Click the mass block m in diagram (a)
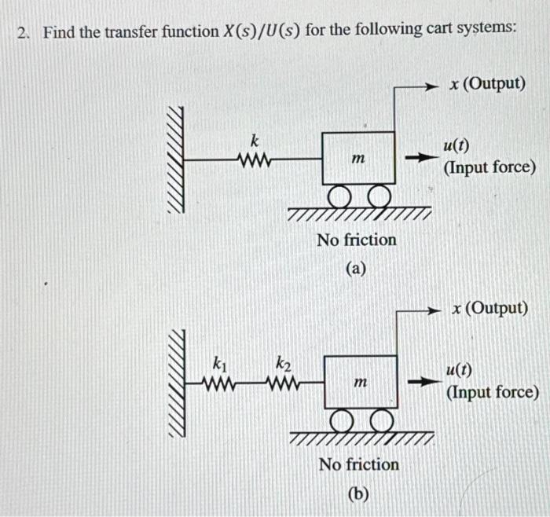click(357, 159)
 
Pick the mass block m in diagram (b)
click(361, 382)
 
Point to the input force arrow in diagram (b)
click(421, 383)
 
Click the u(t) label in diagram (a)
click(455, 145)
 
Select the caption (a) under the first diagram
click(356, 269)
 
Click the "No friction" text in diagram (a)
click(357, 239)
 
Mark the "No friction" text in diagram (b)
click(359, 464)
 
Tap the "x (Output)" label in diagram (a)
click(488, 83)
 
